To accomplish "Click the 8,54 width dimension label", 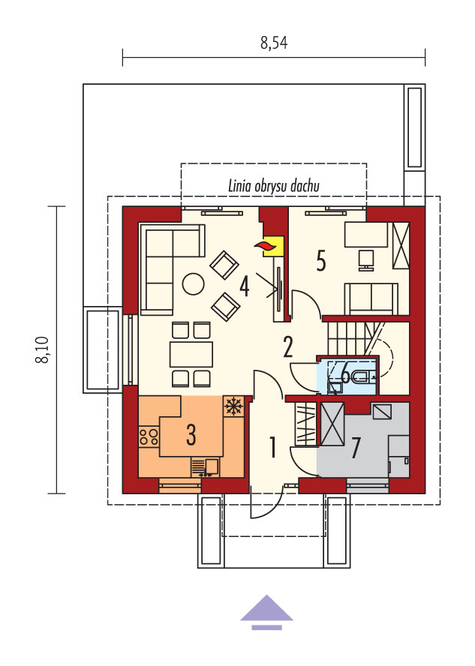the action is pos(274,43).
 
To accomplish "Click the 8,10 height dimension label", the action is pos(43,350).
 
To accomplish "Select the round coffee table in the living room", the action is pos(193,284).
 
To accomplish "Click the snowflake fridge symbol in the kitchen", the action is pos(233,406).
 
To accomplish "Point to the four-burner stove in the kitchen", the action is pos(149,436).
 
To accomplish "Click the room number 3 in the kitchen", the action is pos(191,434).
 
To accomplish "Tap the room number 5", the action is pos(321,260).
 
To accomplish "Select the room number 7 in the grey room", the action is pos(355,448).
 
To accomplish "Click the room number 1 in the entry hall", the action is pos(272,447).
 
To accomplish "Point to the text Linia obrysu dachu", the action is pos(274,186).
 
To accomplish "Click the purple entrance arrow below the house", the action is pos(267,612).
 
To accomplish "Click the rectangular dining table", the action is pos(191,354).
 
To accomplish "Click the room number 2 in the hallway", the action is pos(288,346).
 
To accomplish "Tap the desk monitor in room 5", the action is pos(365,259).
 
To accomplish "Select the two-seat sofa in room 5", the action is pos(371,298).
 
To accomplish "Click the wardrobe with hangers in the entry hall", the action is pos(305,423).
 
